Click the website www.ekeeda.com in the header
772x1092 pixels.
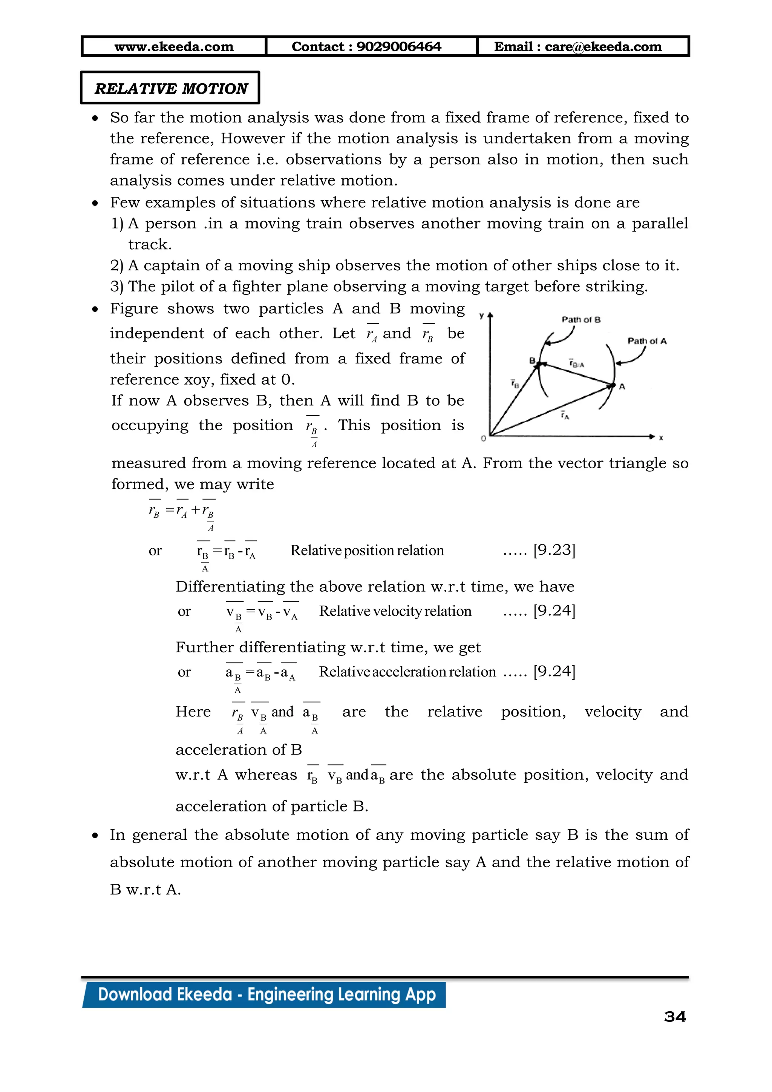[x=174, y=47]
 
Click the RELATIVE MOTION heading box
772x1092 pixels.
[x=170, y=88]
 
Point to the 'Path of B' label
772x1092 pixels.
[x=581, y=320]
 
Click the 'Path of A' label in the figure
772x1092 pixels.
[x=647, y=341]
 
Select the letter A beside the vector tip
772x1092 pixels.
[x=622, y=386]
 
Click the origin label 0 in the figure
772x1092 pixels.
[x=484, y=438]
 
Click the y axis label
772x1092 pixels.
[x=481, y=315]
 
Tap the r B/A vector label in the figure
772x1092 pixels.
[x=576, y=364]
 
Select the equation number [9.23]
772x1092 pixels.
[x=554, y=550]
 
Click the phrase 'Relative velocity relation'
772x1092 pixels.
[x=395, y=611]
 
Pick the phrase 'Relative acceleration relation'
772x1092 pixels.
[x=407, y=672]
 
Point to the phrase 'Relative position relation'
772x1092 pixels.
[x=367, y=550]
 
